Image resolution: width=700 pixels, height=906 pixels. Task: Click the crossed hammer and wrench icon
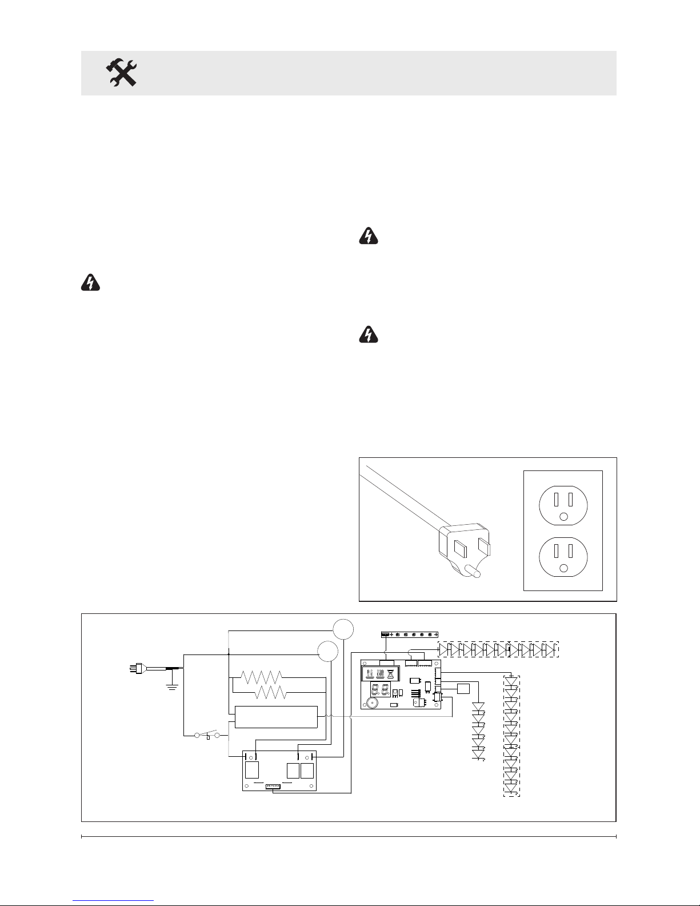(x=122, y=73)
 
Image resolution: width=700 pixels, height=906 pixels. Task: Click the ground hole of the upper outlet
(x=563, y=517)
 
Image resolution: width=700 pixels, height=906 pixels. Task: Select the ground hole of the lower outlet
(x=563, y=568)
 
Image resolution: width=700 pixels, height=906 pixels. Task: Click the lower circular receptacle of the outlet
(x=563, y=555)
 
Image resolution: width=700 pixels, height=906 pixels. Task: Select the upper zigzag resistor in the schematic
(x=261, y=677)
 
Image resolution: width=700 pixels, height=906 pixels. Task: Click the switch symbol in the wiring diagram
(x=208, y=734)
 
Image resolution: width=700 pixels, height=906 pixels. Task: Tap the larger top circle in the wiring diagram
(x=343, y=629)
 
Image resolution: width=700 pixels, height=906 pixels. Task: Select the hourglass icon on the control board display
(x=391, y=674)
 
